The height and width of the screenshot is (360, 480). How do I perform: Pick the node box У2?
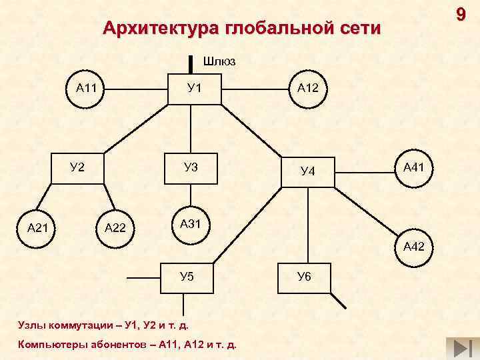(x=77, y=167)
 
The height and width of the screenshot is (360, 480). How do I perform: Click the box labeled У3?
(x=191, y=167)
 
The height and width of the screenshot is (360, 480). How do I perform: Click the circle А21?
(x=37, y=228)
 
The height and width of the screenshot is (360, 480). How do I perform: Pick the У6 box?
(x=304, y=276)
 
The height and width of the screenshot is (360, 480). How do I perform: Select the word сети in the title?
(x=361, y=29)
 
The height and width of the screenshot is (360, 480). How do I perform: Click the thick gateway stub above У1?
(x=191, y=62)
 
